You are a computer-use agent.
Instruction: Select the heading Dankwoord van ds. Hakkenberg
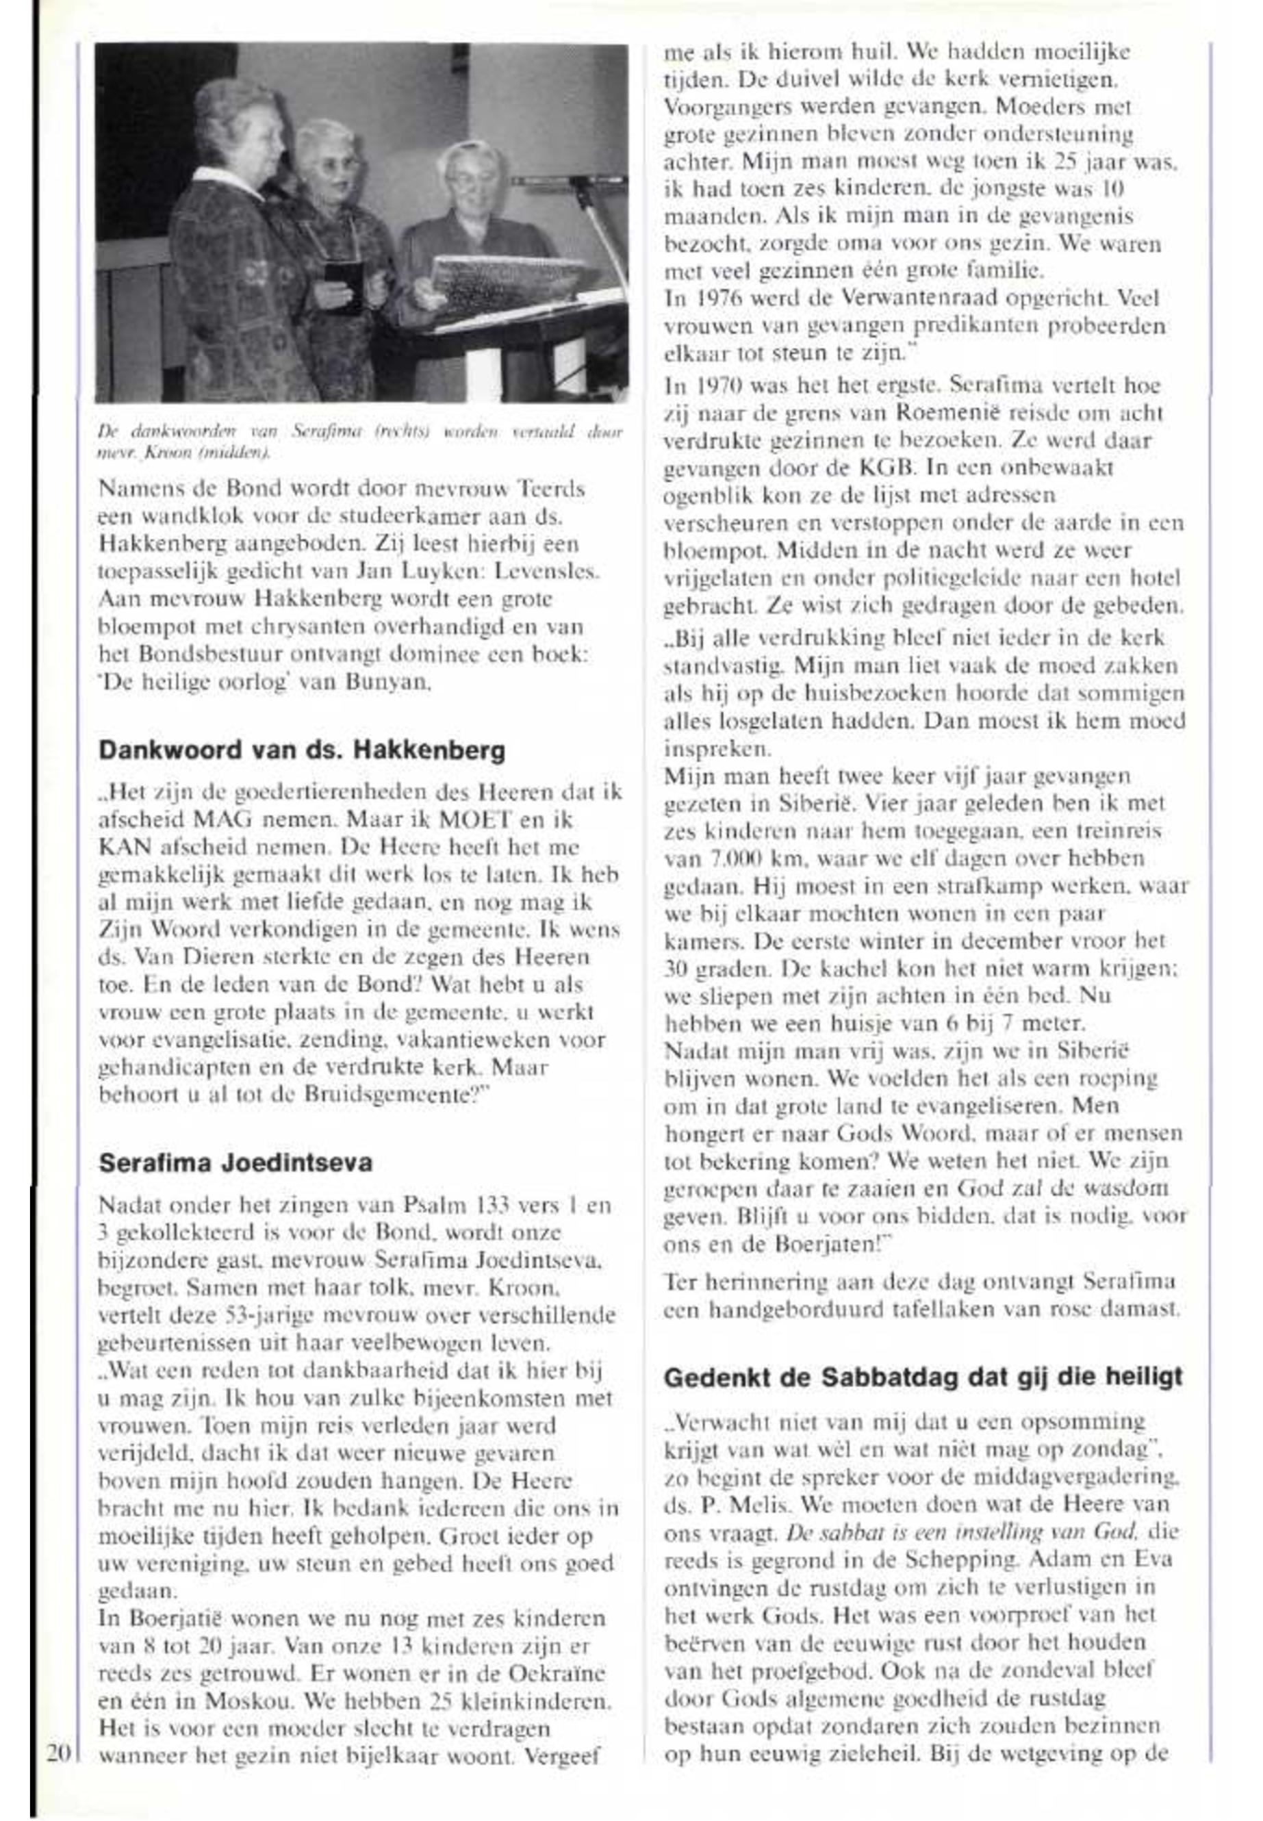pos(301,750)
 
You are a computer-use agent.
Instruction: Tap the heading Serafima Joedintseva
pos(235,1162)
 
